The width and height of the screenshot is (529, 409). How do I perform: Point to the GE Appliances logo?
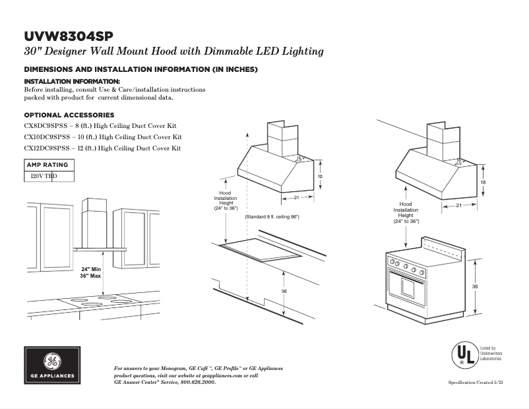[53, 365]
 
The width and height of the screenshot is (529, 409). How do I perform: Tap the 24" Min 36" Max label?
[91, 272]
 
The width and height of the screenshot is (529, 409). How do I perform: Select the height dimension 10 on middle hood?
[320, 177]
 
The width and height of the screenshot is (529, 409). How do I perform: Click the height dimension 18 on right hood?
[483, 182]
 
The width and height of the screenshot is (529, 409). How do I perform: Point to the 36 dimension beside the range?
[476, 286]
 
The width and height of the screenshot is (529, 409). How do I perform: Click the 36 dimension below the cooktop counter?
[284, 291]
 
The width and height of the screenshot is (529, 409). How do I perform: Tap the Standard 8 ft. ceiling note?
[272, 217]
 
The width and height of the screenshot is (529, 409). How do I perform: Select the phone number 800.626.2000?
[195, 382]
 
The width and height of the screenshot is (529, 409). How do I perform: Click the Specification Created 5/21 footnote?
[476, 383]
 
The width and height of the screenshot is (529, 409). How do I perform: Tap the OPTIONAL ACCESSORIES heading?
[69, 115]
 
